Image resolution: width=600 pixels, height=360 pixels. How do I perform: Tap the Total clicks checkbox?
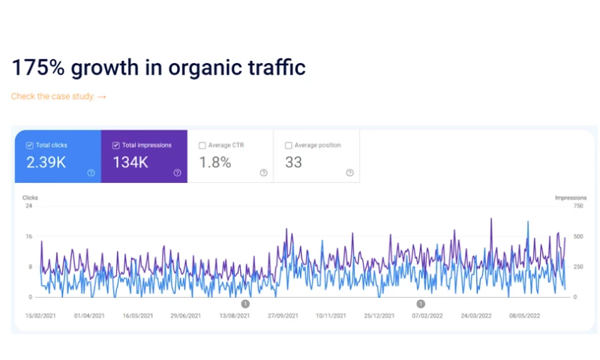[29, 145]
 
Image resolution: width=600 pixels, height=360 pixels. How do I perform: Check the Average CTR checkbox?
[202, 145]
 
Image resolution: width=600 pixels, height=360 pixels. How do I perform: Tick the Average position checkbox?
[289, 145]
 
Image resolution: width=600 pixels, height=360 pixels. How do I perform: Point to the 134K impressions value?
[132, 162]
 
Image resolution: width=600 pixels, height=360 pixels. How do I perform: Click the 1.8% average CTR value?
[215, 162]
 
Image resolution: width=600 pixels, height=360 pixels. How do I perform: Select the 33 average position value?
[293, 162]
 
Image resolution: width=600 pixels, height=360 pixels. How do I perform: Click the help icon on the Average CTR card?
[263, 172]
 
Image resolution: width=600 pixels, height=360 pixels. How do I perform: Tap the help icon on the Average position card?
[349, 172]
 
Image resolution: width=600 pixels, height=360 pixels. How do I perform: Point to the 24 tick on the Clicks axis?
[28, 206]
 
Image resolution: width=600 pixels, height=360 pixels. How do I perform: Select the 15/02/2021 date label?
[40, 316]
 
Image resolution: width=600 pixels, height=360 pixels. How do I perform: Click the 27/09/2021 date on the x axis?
[283, 316]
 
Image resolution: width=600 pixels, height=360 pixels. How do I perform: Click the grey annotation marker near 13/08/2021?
[245, 304]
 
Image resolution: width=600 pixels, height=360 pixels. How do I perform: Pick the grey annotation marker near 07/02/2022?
[421, 304]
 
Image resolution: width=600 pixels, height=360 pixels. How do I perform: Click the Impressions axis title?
[571, 198]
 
